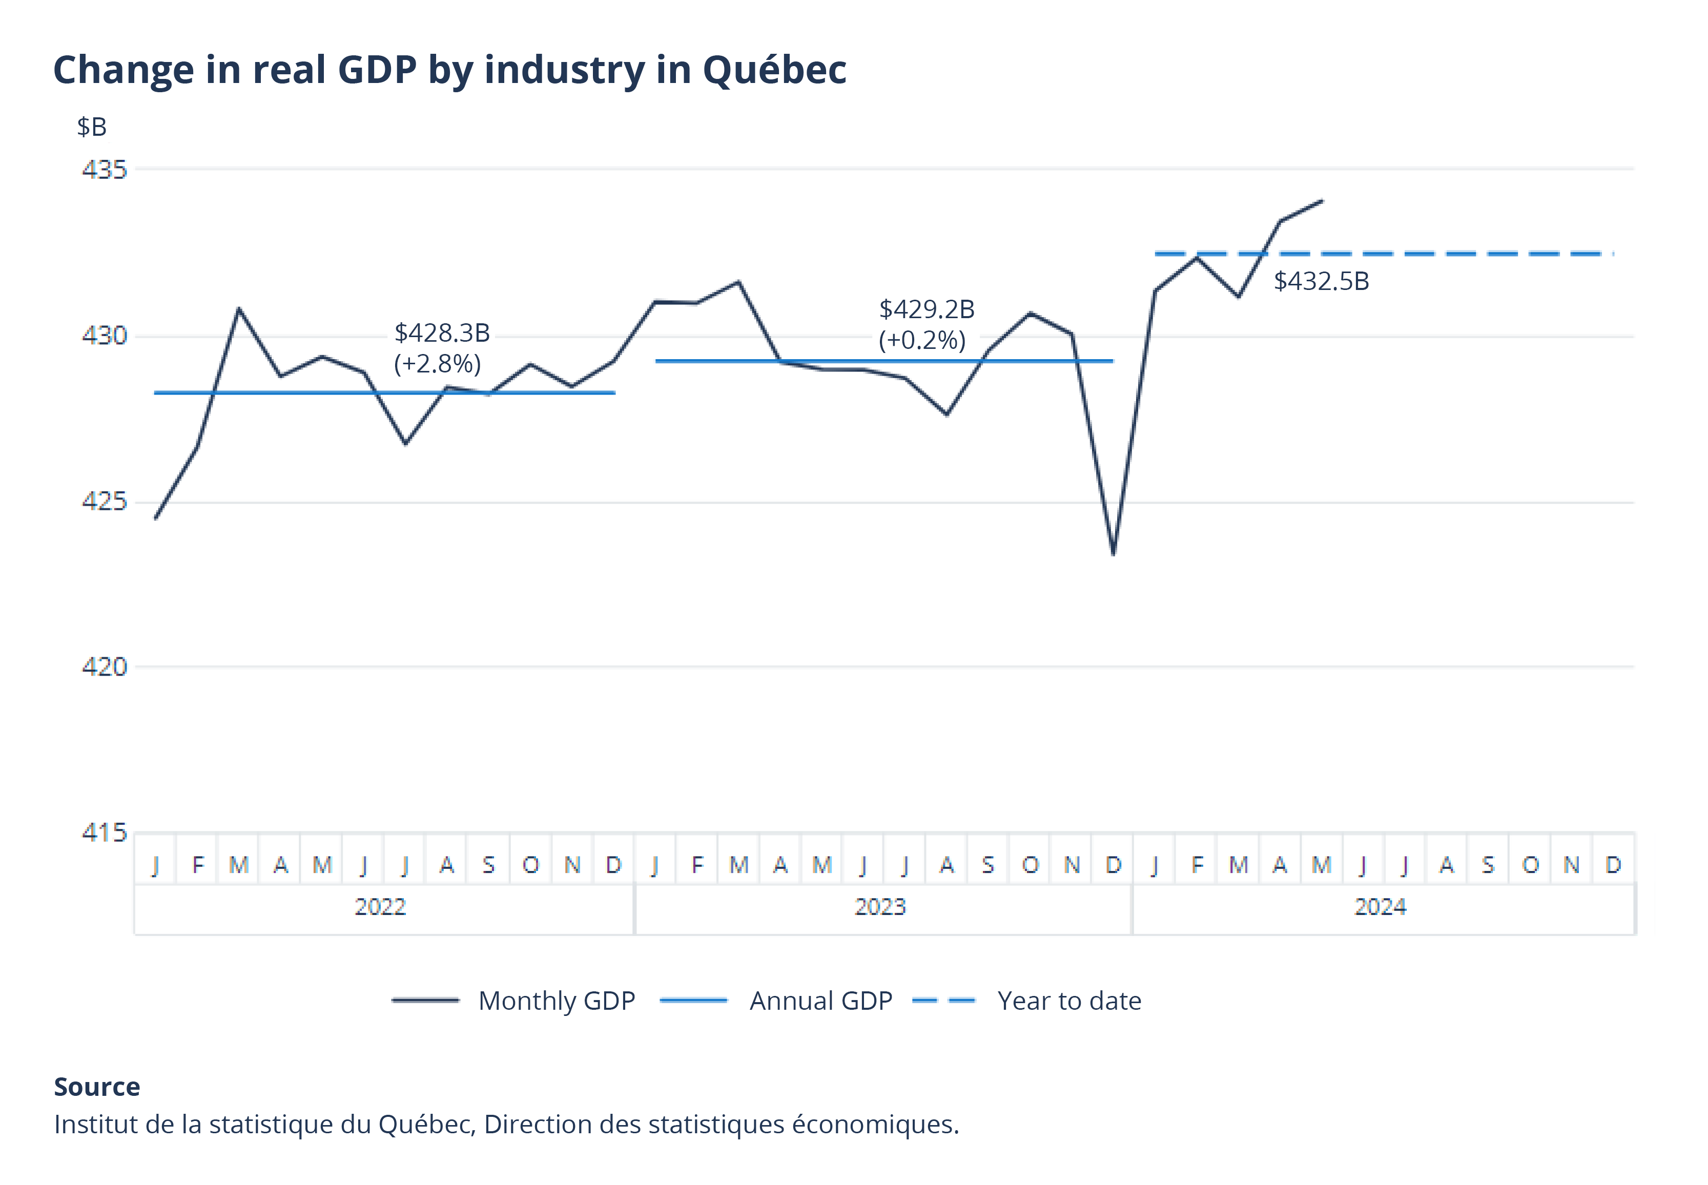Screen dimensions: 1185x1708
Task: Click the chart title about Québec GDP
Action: tap(449, 71)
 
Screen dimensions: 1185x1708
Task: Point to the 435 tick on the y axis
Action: tap(104, 170)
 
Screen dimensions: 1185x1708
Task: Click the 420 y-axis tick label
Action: tap(104, 667)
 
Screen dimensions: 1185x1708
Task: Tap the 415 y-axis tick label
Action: tap(104, 833)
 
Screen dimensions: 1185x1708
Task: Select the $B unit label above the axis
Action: tap(92, 128)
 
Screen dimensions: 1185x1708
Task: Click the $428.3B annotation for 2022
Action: tap(442, 332)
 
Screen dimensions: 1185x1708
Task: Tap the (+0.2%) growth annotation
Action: tap(921, 341)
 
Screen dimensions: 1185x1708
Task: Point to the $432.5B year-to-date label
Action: tap(1321, 281)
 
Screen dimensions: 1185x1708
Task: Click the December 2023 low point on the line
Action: tap(1113, 553)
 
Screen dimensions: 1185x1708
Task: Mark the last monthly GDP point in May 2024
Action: tap(1322, 200)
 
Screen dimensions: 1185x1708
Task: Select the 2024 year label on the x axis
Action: tap(1380, 907)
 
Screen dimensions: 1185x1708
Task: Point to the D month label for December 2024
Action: tap(1613, 865)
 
